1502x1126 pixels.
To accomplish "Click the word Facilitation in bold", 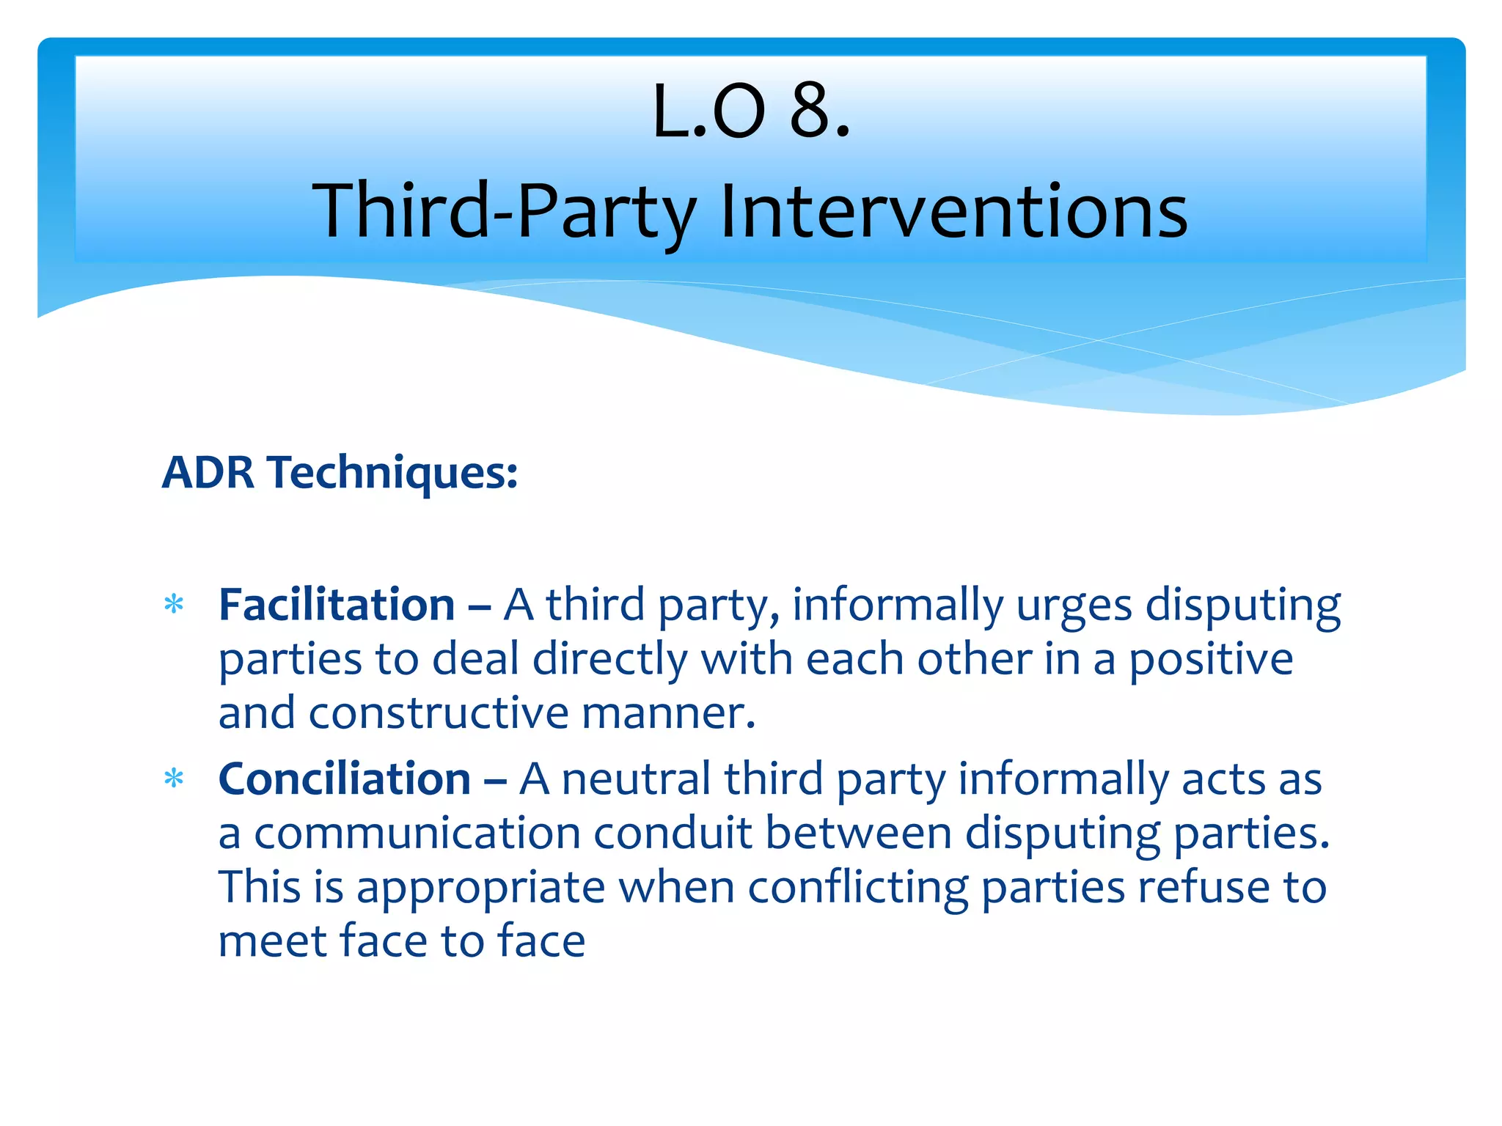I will click(x=337, y=606).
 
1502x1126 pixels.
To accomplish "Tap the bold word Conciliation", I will click(x=345, y=779).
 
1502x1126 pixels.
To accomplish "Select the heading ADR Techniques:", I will click(x=340, y=472).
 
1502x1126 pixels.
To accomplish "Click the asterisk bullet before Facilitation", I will click(x=174, y=606).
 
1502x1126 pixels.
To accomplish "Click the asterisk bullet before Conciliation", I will click(x=174, y=779).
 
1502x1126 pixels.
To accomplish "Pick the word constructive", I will click(x=438, y=713).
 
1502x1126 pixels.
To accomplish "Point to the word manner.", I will click(x=667, y=713).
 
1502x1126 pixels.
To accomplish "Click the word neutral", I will click(x=636, y=779).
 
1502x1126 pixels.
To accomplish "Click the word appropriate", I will click(x=480, y=889).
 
